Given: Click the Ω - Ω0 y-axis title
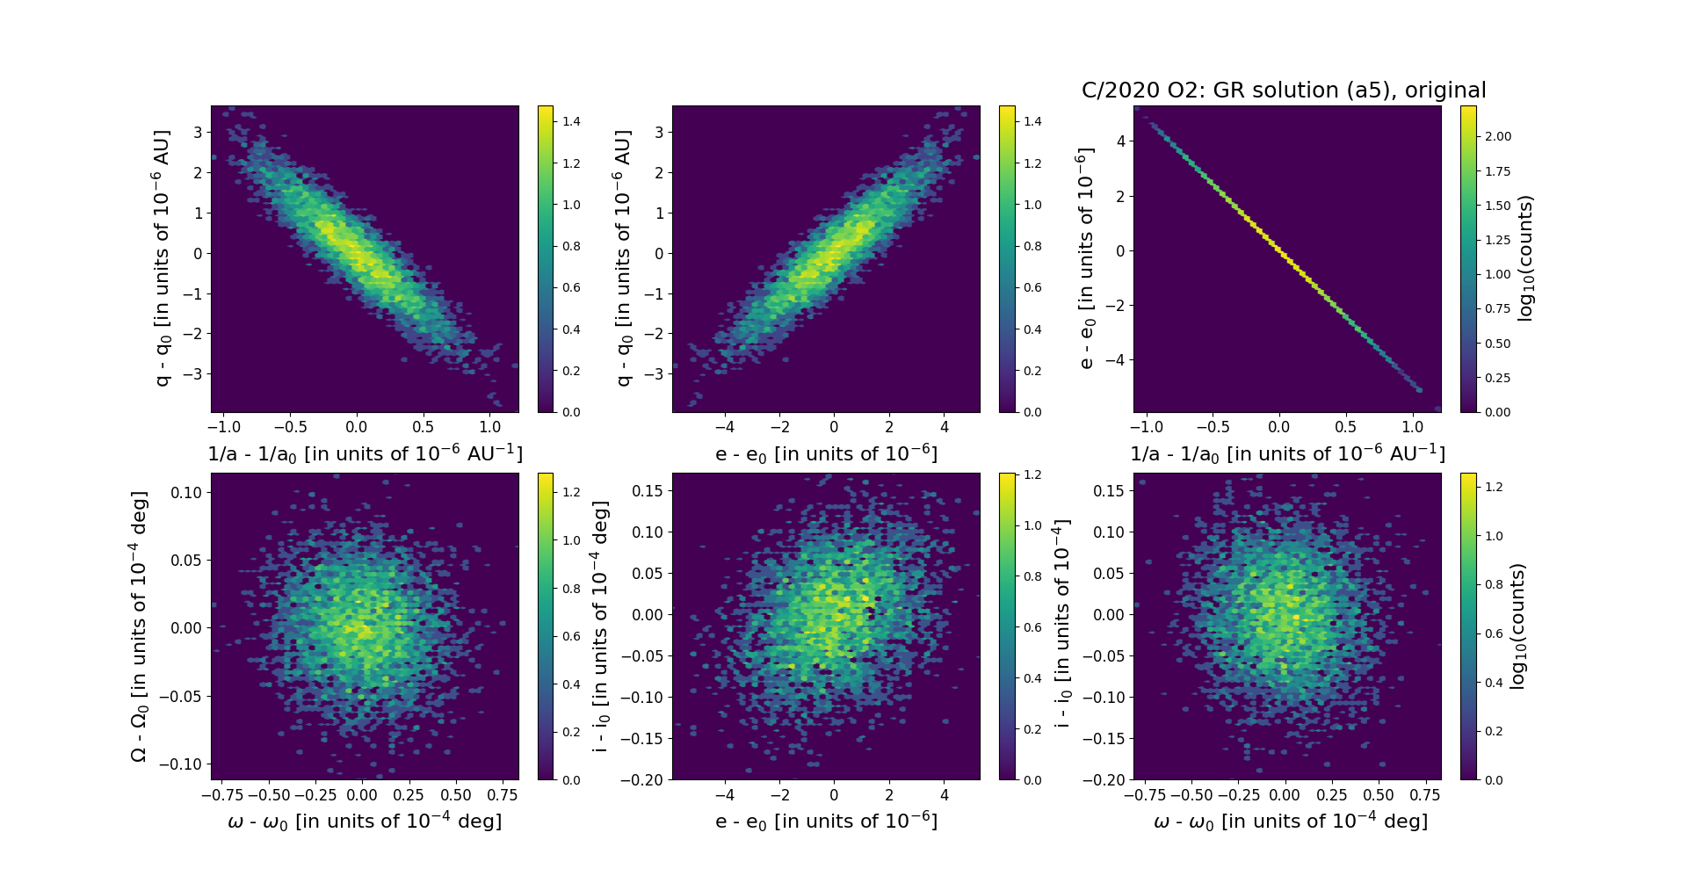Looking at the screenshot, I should (x=139, y=626).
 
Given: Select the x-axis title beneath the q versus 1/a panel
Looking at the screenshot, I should (x=365, y=453).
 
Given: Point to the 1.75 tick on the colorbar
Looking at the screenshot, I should (x=1497, y=171).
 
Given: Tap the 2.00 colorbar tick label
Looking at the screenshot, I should (x=1497, y=136).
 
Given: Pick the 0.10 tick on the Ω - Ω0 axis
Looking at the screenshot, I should (x=186, y=492).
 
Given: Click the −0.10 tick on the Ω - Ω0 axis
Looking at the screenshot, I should (x=180, y=764).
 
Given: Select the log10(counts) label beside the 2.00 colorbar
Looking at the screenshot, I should (x=1525, y=258).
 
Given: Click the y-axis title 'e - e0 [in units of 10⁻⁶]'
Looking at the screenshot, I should (x=1086, y=258).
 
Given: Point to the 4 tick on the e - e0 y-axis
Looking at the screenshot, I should (x=1119, y=141).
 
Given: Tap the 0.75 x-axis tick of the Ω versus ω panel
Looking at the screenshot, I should (x=501, y=795).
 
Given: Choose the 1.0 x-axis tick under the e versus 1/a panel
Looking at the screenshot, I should (x=1412, y=427).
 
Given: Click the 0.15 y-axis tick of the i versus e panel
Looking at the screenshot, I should (x=648, y=490).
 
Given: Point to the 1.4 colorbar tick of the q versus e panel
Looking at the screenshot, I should (x=1032, y=121).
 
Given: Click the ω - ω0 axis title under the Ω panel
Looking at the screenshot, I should (x=365, y=821).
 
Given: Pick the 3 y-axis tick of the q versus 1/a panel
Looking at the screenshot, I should (x=198, y=133).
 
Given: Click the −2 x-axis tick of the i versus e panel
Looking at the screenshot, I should (x=779, y=795).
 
